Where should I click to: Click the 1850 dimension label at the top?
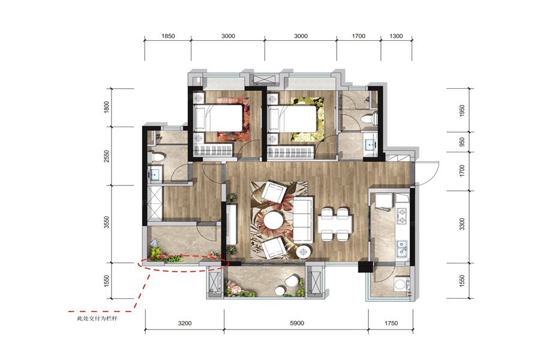[x=168, y=36]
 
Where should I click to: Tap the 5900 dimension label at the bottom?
[x=297, y=323]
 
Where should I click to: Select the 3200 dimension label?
[x=185, y=323]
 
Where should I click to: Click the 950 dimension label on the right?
[x=462, y=142]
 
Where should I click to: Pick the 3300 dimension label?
[x=462, y=224]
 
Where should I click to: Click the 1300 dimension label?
[x=396, y=36]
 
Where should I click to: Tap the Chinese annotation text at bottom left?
[x=97, y=319]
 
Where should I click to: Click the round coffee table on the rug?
[x=273, y=220]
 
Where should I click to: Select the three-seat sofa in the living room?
[x=304, y=219]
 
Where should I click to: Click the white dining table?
[x=335, y=224]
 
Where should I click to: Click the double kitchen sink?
[x=402, y=249]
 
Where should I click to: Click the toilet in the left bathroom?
[x=157, y=157]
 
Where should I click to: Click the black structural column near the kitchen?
[x=365, y=266]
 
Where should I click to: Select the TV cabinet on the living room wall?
[x=232, y=224]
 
